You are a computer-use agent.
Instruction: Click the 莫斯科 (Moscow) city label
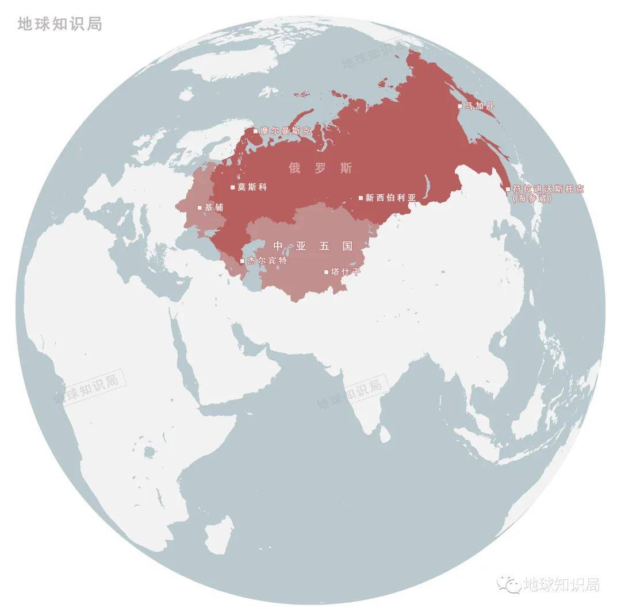(x=252, y=187)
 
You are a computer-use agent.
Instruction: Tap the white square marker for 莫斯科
(x=233, y=187)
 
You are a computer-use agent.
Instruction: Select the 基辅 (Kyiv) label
(x=214, y=207)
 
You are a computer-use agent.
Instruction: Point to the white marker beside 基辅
(x=200, y=207)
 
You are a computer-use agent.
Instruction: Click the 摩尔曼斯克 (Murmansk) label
(x=285, y=131)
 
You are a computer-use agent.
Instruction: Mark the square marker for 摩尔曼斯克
(x=255, y=131)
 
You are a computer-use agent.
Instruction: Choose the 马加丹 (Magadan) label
(x=480, y=106)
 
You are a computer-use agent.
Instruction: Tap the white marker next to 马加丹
(x=459, y=106)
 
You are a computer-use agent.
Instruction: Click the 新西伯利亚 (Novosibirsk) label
(x=390, y=198)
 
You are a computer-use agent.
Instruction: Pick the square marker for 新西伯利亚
(x=361, y=198)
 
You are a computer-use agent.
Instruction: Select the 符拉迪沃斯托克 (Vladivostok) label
(x=548, y=188)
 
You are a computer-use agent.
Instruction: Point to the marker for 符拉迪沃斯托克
(x=508, y=188)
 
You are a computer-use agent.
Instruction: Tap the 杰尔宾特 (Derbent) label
(x=266, y=261)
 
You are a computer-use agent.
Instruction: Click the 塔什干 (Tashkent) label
(x=346, y=271)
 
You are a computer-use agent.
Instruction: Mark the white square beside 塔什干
(x=326, y=272)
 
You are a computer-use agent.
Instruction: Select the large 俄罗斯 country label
(x=320, y=168)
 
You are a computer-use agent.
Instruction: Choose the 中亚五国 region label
(x=313, y=246)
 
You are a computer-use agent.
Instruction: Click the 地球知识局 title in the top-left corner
(x=60, y=24)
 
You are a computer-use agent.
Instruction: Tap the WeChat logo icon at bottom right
(x=509, y=584)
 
